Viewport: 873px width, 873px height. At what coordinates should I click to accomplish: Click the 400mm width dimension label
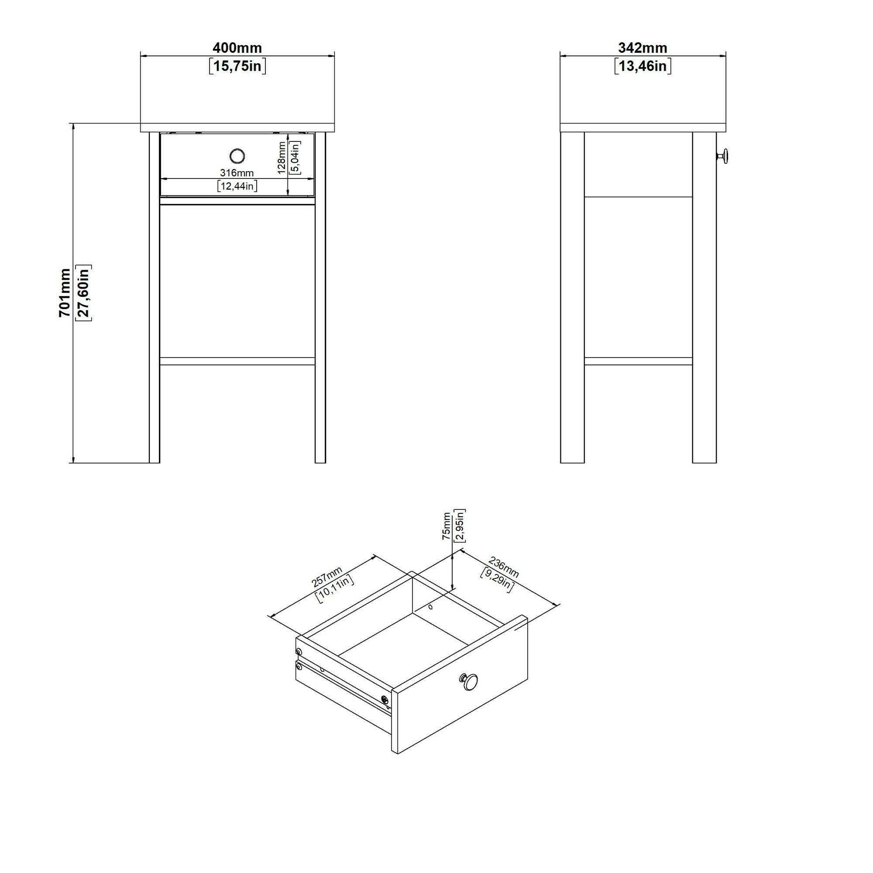coord(237,48)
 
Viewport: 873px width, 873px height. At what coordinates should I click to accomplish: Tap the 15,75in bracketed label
coord(237,66)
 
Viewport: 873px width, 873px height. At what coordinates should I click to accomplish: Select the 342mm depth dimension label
coord(643,48)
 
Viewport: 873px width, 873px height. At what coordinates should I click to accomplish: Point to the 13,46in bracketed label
coord(643,66)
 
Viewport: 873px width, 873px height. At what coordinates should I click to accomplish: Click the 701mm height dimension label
coord(65,293)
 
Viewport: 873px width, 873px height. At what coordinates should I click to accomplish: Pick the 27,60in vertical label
coord(84,293)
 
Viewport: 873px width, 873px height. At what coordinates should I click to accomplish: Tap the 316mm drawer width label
coord(237,172)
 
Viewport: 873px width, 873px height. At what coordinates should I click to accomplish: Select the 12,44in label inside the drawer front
coord(237,186)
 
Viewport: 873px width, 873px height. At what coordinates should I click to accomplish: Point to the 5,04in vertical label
coord(295,157)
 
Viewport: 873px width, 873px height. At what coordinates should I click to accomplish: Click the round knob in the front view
coord(237,156)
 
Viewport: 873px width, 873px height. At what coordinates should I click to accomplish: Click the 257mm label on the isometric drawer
coord(327,577)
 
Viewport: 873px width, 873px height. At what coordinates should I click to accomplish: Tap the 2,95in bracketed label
coord(460,525)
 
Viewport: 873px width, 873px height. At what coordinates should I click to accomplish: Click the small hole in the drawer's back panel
coord(430,607)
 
